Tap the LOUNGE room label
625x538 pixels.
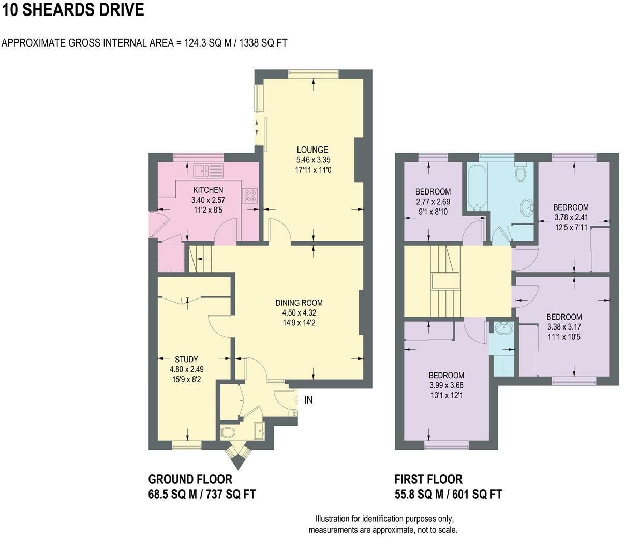[x=312, y=150]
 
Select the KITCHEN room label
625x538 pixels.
[x=208, y=190]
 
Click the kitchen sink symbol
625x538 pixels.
[x=207, y=170]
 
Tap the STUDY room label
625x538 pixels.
[x=186, y=359]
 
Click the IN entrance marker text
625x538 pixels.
[x=308, y=400]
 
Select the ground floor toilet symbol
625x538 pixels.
[x=229, y=431]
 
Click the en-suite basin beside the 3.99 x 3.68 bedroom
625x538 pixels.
[x=502, y=328]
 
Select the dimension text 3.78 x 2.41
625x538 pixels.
[x=571, y=217]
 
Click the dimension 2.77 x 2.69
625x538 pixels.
[x=433, y=201]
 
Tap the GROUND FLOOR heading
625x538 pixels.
[x=190, y=479]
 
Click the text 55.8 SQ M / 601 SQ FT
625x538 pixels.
[x=448, y=495]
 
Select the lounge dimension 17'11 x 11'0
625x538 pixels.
[x=312, y=170]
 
